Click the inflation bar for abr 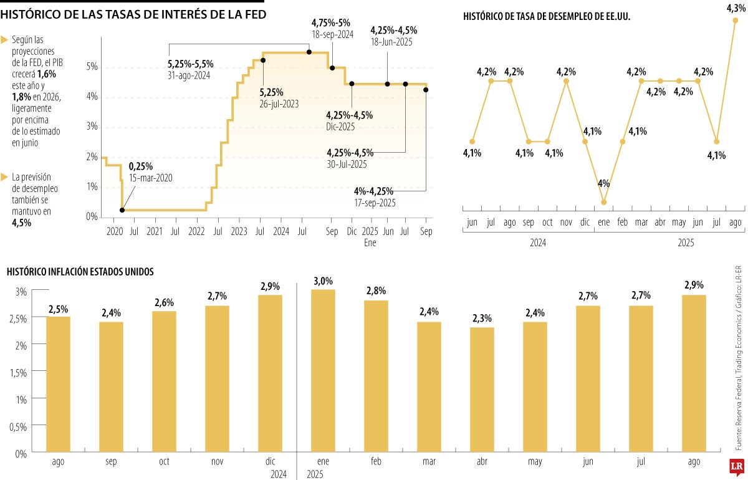click(482, 390)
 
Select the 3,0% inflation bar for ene click(323, 371)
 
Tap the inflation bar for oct click(164, 382)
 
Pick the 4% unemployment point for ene click(603, 201)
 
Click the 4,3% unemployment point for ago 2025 click(736, 21)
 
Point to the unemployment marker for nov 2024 click(566, 80)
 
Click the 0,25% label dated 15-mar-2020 click(141, 166)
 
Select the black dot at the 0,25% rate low click(122, 210)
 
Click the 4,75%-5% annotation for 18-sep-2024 click(332, 23)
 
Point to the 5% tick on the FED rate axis click(91, 67)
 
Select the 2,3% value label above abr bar click(482, 318)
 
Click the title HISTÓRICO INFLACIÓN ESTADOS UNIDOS click(80, 272)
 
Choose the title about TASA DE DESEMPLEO click(547, 17)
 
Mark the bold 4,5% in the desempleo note click(22, 223)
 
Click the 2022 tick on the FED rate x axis click(196, 232)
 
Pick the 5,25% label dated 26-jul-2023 click(272, 92)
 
